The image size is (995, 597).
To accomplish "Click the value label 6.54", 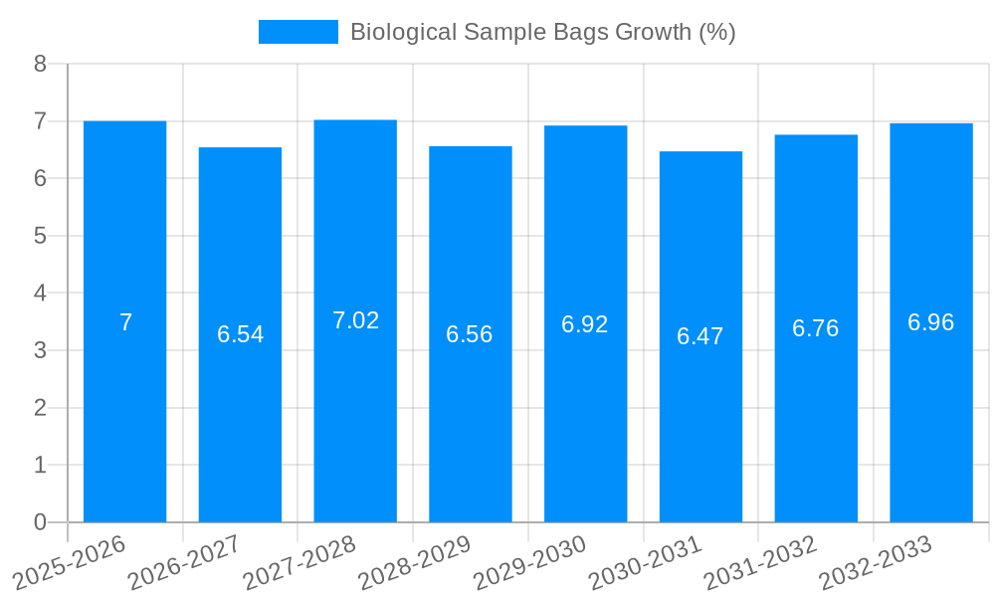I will (241, 334).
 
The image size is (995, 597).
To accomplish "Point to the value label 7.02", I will (355, 320).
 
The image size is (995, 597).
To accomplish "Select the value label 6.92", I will (585, 324).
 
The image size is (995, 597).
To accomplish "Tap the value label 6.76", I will (816, 328).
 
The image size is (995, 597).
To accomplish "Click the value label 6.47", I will (700, 336).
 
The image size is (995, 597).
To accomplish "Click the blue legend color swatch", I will (298, 32).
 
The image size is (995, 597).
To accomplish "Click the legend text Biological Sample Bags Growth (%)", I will (542, 32).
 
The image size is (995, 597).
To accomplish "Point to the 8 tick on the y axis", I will (40, 64).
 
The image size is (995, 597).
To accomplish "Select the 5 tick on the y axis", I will (40, 236).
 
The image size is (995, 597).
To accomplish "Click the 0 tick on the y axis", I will (40, 522).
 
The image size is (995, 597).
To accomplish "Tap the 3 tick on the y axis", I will (40, 350).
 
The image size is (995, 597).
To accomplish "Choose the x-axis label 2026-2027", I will (184, 562).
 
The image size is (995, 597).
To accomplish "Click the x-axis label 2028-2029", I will (414, 562).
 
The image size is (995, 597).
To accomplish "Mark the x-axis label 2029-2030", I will (529, 562).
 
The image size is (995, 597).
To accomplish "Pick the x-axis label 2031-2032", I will (760, 562).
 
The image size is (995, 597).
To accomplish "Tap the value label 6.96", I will (931, 322).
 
